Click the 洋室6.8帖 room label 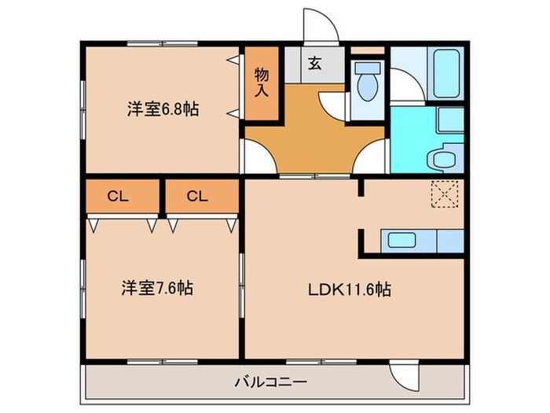(x=163, y=109)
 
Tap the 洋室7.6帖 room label (x=157, y=288)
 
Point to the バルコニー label (x=271, y=383)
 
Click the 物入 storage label (x=262, y=82)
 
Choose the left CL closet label (x=118, y=197)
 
